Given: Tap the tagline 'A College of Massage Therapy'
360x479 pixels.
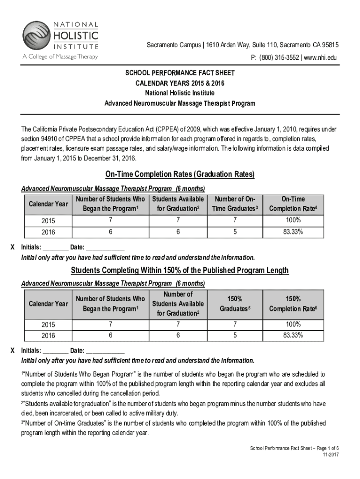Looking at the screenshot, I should pos(60,57).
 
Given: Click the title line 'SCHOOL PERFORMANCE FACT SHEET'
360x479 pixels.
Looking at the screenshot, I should pos(180,73).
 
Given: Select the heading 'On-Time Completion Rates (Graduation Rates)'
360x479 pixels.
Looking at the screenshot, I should pos(180,174).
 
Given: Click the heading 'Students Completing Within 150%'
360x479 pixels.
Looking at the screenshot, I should pos(180,271).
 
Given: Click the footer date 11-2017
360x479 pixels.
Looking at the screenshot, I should pos(330,455).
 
